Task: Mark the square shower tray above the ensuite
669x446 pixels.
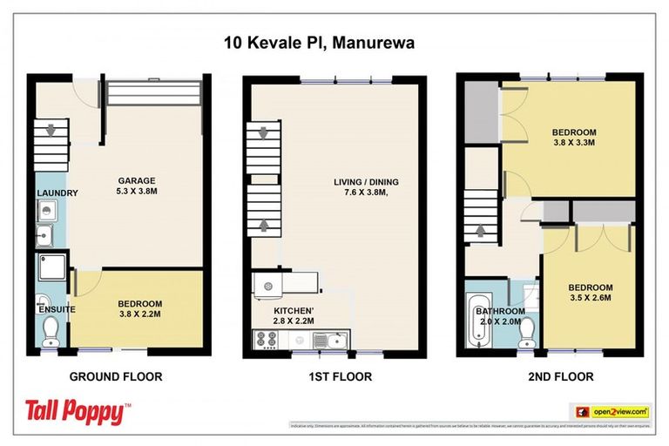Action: coord(51,271)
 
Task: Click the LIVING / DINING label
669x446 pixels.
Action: coord(363,188)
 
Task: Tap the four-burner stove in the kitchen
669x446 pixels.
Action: coord(264,340)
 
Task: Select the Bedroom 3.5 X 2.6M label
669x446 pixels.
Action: coord(591,293)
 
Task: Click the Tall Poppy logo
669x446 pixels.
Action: coord(77,411)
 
